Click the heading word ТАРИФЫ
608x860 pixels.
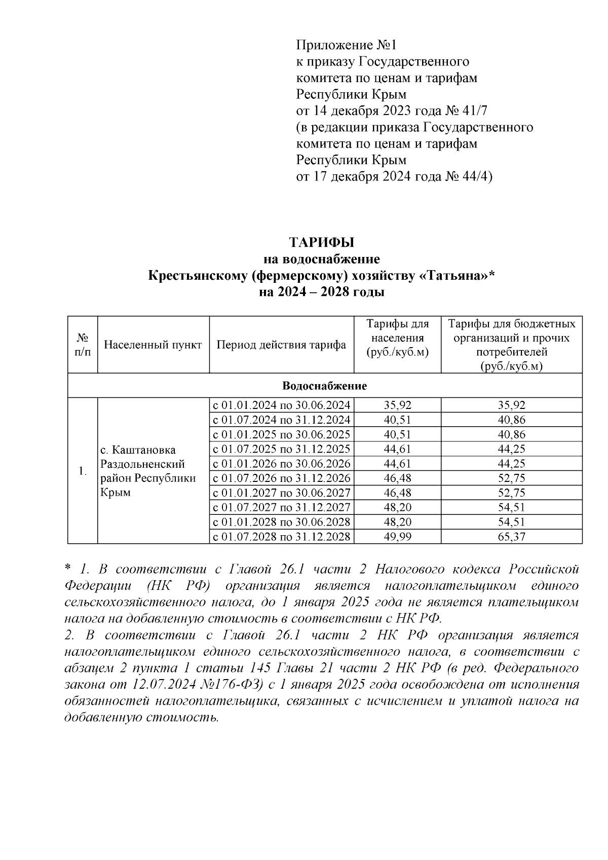(322, 242)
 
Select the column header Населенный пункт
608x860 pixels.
(153, 345)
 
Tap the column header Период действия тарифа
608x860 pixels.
(281, 345)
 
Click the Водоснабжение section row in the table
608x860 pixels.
(324, 386)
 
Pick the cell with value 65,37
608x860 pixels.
(511, 537)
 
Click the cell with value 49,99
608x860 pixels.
(397, 537)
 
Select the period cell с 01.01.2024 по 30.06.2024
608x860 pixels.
(281, 405)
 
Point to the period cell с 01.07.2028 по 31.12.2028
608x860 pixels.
(281, 537)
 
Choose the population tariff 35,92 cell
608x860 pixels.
(397, 405)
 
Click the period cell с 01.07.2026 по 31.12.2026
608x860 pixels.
(281, 478)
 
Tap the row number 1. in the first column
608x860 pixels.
(82, 471)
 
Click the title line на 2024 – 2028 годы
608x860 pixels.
(322, 292)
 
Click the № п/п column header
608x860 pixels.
(82, 345)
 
